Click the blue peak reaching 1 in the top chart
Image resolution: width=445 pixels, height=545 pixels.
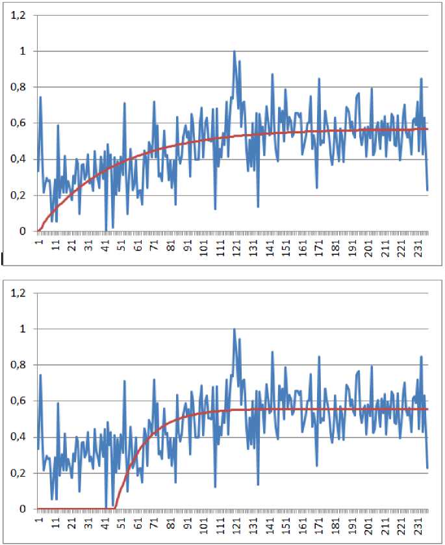(235, 51)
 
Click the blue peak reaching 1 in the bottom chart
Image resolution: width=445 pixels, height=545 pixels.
(235, 329)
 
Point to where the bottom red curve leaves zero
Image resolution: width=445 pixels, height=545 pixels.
(115, 508)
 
